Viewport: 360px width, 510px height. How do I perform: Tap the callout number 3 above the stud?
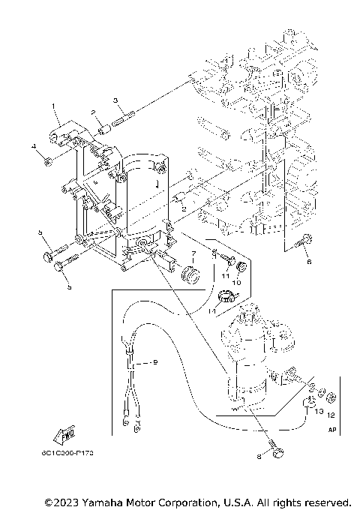[115, 100]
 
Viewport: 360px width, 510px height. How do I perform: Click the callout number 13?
[318, 412]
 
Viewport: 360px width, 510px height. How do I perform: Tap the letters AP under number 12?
[332, 430]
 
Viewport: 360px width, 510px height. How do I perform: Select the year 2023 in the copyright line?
[72, 501]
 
